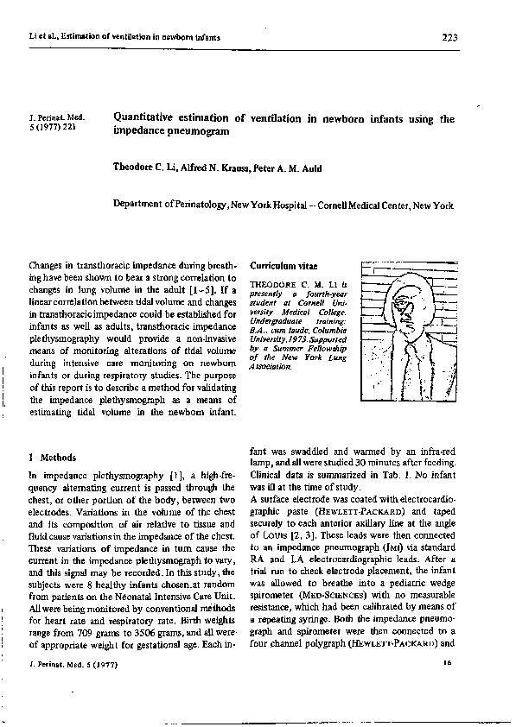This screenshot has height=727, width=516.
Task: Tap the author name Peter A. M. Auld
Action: [287, 168]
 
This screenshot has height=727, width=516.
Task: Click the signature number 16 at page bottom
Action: [447, 662]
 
